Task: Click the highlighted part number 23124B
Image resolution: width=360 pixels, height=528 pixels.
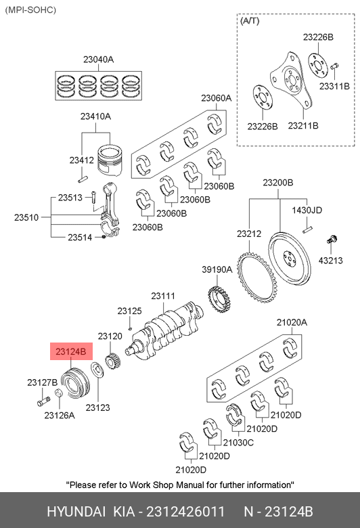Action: [x=71, y=351]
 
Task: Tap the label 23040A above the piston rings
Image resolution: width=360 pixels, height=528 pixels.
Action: [x=98, y=60]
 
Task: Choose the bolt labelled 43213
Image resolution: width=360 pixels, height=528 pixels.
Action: [x=332, y=240]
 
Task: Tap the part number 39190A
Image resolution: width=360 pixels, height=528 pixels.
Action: [x=217, y=269]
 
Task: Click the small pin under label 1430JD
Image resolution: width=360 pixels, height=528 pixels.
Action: [x=307, y=229]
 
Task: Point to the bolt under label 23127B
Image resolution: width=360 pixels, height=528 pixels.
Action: [x=43, y=401]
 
